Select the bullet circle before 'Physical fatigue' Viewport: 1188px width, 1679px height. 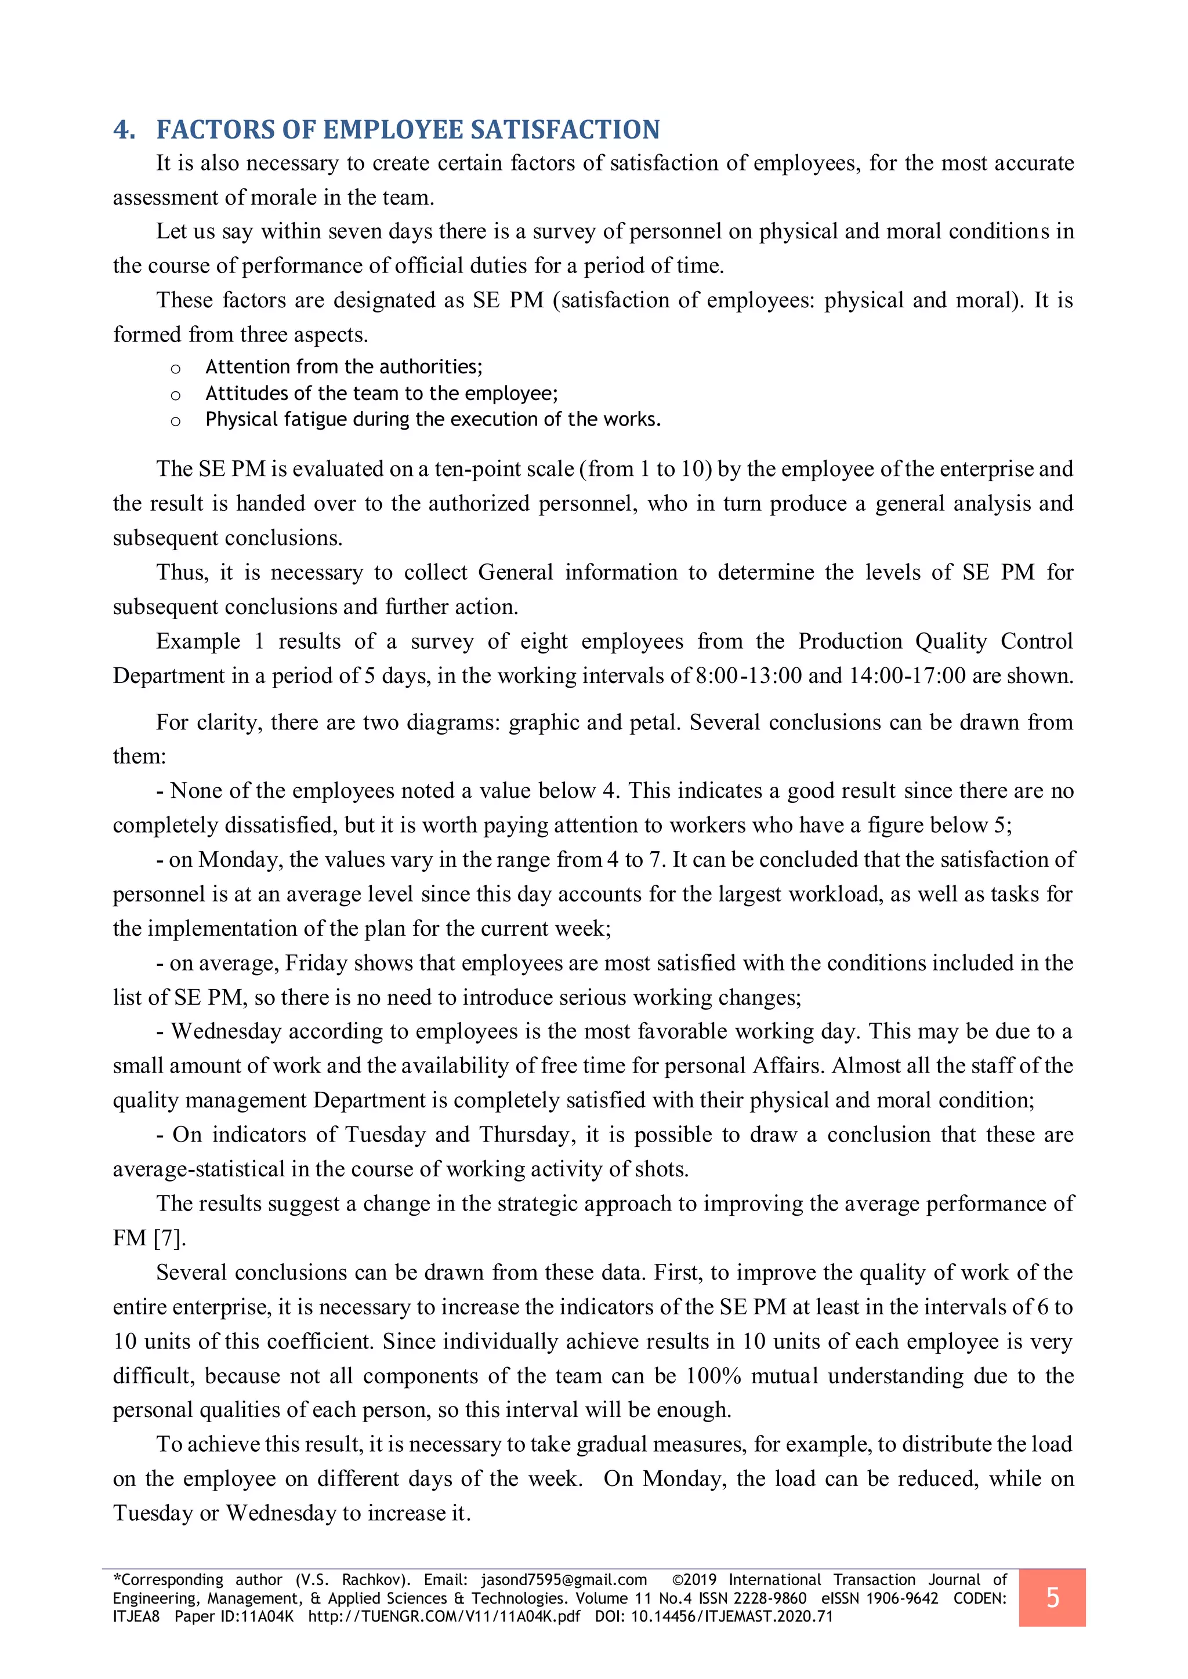(x=176, y=421)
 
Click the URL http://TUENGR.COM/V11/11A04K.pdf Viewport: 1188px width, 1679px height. (x=444, y=1616)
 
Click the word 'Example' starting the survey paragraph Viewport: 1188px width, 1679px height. (x=198, y=641)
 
